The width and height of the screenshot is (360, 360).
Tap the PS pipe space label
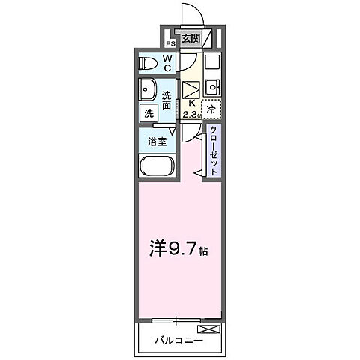(x=170, y=43)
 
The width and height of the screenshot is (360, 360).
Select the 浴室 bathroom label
(x=157, y=139)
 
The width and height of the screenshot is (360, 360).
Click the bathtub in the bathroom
(x=157, y=166)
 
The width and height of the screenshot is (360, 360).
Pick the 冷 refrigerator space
(x=211, y=109)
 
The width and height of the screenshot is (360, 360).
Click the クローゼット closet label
(x=214, y=149)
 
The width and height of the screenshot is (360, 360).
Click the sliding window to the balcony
(x=177, y=320)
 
